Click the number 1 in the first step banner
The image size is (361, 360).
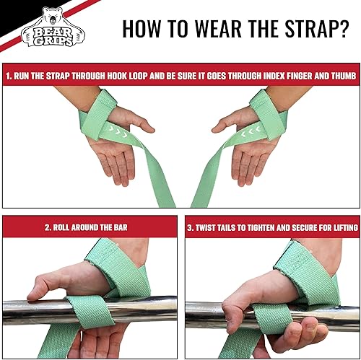9,74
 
